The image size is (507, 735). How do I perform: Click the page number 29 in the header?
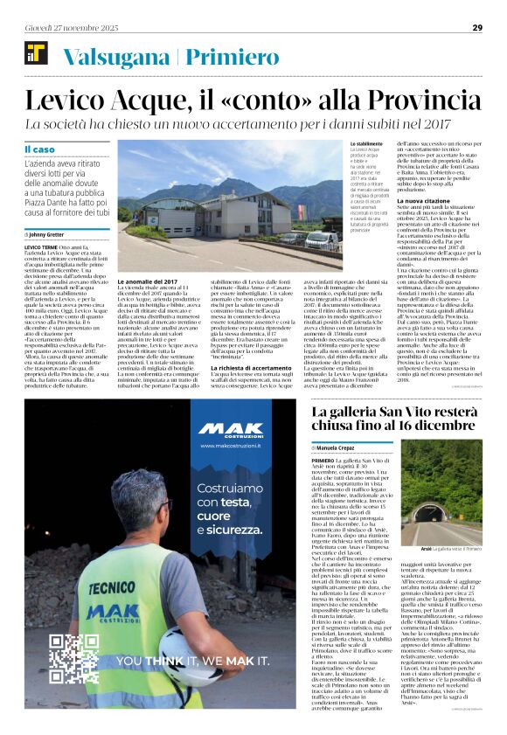[490, 27]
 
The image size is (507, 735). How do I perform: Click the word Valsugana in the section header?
[118, 58]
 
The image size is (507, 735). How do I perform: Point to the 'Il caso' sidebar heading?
[39, 150]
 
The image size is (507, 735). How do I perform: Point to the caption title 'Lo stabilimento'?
[365, 143]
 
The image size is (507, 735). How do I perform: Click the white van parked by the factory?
[322, 240]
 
